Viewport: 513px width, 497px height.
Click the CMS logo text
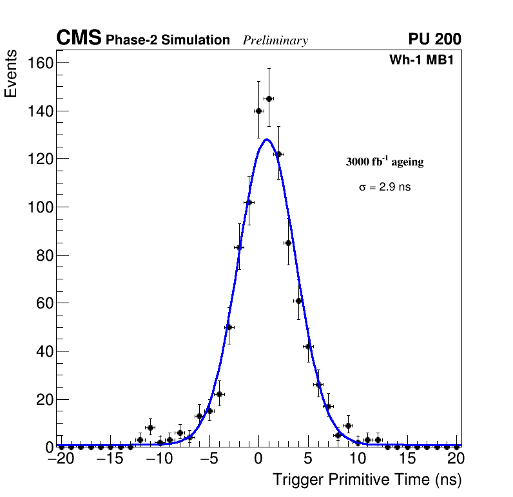tap(79, 39)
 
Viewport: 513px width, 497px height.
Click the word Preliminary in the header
tap(275, 41)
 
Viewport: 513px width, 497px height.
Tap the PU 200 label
tap(434, 39)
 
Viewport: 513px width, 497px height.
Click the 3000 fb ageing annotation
tap(385, 162)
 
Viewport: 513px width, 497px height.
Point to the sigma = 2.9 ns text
tap(385, 187)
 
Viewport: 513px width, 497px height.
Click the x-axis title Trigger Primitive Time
tap(367, 480)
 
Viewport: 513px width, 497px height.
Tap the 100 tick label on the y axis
tap(40, 207)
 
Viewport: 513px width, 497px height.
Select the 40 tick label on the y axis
tap(43, 352)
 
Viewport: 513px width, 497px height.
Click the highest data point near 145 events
tap(269, 98)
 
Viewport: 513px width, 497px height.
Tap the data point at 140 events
tap(258, 111)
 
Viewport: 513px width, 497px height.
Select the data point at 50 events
tap(229, 327)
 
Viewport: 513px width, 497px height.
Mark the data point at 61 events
tap(298, 301)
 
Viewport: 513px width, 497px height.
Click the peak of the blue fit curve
tap(266, 139)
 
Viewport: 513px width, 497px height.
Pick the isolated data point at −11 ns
tap(150, 427)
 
